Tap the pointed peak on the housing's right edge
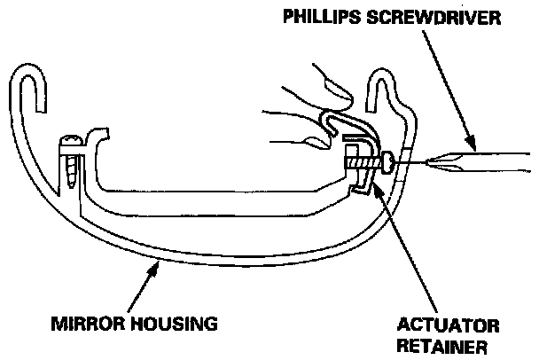383,75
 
